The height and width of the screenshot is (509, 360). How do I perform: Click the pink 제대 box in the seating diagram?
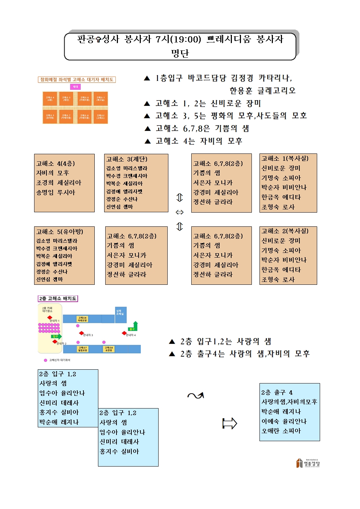[75, 87]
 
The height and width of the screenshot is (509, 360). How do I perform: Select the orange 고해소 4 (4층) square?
[50, 98]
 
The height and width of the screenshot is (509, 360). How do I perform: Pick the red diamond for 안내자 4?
[124, 333]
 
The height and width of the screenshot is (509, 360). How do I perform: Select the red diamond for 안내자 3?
[82, 333]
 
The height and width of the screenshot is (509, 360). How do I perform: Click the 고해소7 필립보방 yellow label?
[83, 349]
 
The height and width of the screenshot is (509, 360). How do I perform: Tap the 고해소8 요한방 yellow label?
[109, 349]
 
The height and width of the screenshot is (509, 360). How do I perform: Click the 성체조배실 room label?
[120, 312]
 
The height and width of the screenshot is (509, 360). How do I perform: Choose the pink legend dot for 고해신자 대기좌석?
[45, 360]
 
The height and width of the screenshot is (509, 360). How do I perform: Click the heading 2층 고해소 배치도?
[58, 299]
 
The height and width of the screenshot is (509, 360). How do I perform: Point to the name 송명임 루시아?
[56, 192]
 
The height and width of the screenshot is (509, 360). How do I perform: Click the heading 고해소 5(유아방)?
[60, 231]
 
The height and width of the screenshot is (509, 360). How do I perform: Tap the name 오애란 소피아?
[281, 431]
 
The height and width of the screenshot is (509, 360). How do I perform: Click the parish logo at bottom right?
[308, 463]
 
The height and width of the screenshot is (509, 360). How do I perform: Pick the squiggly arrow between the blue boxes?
[196, 395]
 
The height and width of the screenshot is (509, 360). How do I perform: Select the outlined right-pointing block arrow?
[229, 423]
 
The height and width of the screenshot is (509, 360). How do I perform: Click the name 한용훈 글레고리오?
[262, 91]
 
